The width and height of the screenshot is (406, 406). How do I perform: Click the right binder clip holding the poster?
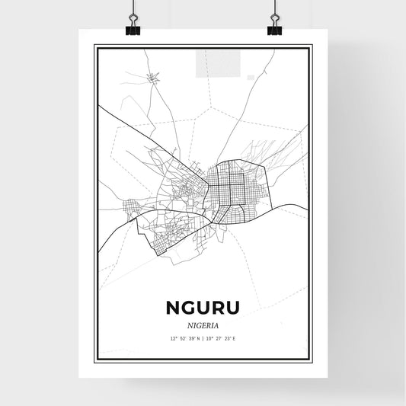click(274, 28)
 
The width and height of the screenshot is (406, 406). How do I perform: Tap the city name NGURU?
click(203, 307)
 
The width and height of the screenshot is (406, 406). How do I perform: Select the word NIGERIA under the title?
click(203, 324)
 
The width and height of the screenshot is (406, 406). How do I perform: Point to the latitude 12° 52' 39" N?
click(183, 337)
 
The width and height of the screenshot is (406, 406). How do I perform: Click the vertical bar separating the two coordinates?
click(203, 337)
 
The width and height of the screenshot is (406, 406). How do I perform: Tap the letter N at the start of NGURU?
click(172, 307)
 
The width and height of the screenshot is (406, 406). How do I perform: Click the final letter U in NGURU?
click(233, 307)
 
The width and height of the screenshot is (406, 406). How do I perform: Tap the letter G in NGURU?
click(187, 307)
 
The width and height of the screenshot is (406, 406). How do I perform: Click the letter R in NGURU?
click(218, 307)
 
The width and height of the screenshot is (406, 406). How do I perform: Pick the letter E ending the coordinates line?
click(235, 337)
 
